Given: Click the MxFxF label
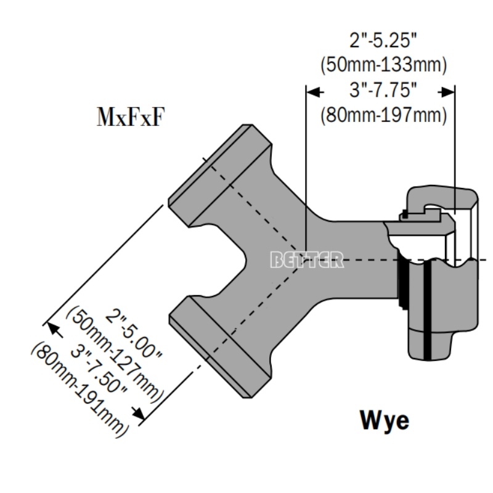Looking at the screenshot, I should point(131,116).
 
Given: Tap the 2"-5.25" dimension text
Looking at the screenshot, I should point(383,41).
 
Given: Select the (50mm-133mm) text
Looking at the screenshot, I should point(383,64).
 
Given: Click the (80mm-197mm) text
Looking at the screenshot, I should point(383,115).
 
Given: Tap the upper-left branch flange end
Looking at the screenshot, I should point(219,163).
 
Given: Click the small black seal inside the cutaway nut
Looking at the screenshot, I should point(404,216).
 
